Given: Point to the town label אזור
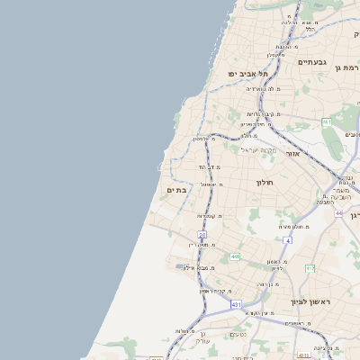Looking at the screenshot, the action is click(x=292, y=155).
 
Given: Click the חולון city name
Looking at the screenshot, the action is click(x=264, y=182).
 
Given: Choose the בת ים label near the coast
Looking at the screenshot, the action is click(x=175, y=190).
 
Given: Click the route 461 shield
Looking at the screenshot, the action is click(x=327, y=121).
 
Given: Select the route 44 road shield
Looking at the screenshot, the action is click(x=338, y=213).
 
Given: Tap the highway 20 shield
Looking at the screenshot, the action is click(x=202, y=235).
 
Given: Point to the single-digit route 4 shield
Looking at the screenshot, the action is click(x=288, y=241).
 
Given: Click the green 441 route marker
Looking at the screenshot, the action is click(x=235, y=257).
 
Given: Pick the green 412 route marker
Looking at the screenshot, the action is click(x=310, y=268).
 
